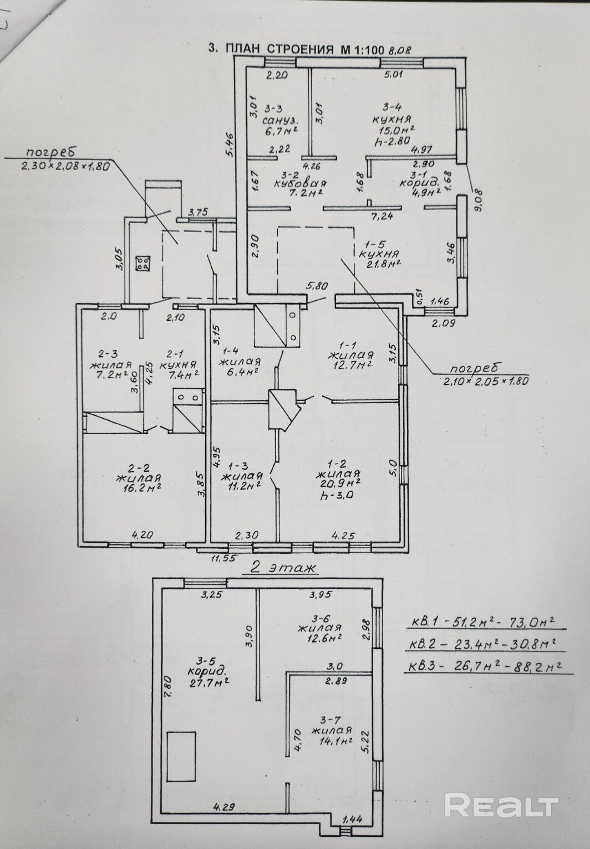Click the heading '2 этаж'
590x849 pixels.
coord(283,568)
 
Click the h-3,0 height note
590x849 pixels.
coord(338,496)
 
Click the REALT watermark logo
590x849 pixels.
coord(501,805)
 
